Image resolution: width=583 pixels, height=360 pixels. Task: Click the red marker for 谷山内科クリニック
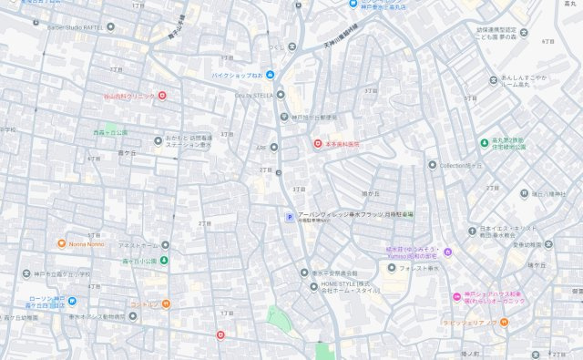[162, 96]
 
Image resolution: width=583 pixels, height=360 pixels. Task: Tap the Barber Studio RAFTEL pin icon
[111, 26]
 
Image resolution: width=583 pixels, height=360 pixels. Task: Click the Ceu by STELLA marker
[281, 95]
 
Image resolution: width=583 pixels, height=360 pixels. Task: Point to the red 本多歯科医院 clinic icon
[318, 143]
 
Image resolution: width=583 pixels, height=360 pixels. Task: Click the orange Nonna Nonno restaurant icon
[61, 244]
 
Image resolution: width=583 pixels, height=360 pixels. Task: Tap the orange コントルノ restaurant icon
[166, 303]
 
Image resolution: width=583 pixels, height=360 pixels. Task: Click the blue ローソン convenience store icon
[71, 302]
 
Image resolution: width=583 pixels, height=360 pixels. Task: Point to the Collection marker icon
[433, 165]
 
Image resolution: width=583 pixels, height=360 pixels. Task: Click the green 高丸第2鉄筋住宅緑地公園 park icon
[484, 142]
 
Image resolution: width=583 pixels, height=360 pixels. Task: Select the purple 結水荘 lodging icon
[447, 252]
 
